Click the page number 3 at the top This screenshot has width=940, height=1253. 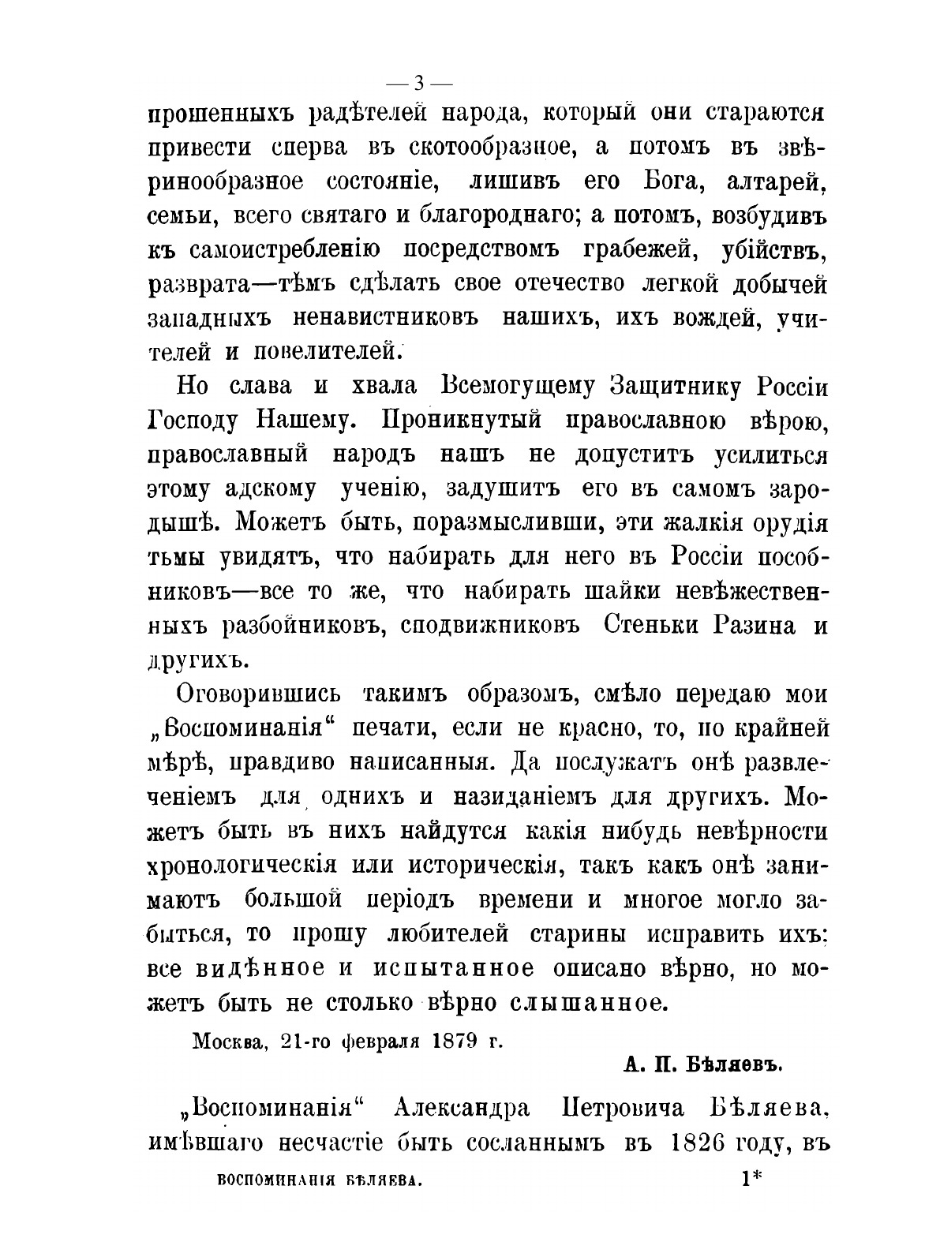(418, 82)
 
